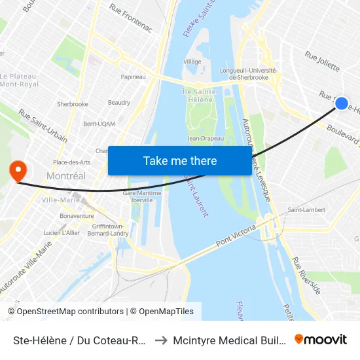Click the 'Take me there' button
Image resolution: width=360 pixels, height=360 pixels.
coord(180,160)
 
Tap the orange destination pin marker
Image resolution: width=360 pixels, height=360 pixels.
coord(17,171)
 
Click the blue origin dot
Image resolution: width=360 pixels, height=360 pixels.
coord(341,103)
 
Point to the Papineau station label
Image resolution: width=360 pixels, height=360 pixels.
coord(133,77)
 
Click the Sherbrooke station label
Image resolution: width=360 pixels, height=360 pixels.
coord(72,104)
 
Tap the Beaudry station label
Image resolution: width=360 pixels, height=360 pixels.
coord(119,103)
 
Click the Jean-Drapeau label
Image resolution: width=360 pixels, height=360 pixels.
coord(206,138)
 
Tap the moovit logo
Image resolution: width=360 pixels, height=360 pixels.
coord(320,339)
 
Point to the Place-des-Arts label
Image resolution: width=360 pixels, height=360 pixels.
coord(71,162)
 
